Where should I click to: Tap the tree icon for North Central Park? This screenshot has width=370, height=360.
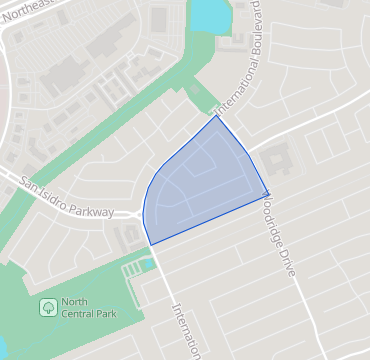point(47,305)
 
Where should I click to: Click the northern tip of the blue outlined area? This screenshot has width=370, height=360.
point(217,116)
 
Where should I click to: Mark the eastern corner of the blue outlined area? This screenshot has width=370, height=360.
point(268,192)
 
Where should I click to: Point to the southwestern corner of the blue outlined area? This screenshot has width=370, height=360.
point(150,244)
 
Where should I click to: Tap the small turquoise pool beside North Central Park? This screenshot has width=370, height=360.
point(147,261)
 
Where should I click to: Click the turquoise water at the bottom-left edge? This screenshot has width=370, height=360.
point(3,350)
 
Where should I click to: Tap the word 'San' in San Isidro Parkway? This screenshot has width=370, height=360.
point(25,182)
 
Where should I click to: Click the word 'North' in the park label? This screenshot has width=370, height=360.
point(75,302)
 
